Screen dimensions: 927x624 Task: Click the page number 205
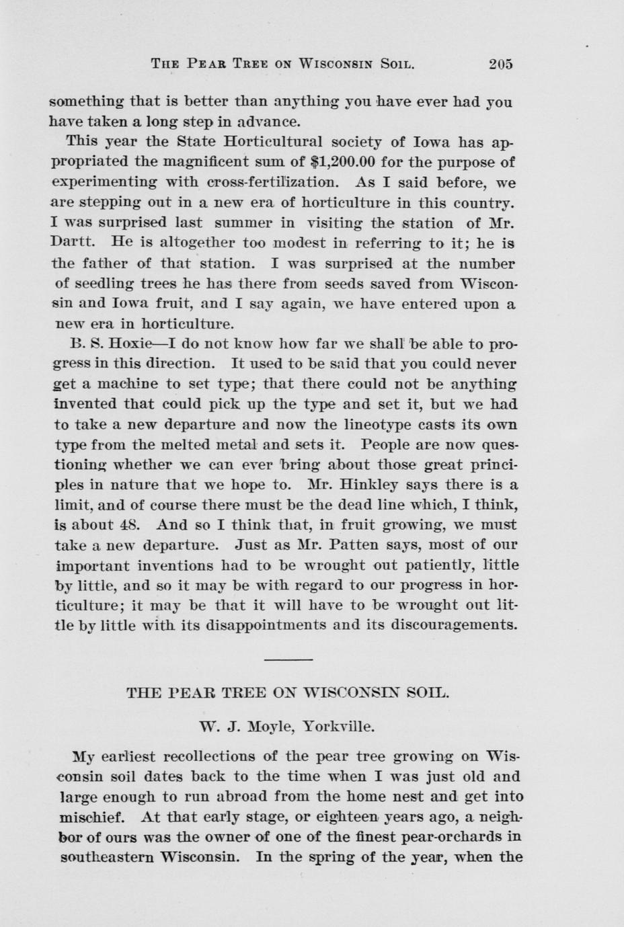pos(501,65)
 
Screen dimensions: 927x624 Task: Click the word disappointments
pos(266,624)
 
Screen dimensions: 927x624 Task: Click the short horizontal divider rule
pos(288,659)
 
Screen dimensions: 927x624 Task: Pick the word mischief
pos(92,817)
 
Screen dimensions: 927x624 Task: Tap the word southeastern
pos(104,858)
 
